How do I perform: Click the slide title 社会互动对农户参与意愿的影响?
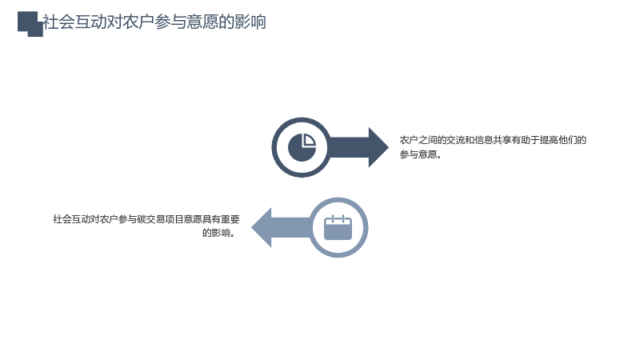pyautogui.click(x=154, y=22)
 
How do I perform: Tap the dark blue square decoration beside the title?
pyautogui.click(x=30, y=24)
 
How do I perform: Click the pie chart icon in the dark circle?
pyautogui.click(x=302, y=147)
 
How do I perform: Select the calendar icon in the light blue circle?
pyautogui.click(x=338, y=227)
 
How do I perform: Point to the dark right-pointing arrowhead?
pyautogui.click(x=378, y=147)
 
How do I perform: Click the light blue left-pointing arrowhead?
pyautogui.click(x=262, y=227)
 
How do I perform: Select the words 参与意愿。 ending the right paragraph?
pyautogui.click(x=421, y=154)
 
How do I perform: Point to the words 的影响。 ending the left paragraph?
pyautogui.click(x=219, y=233)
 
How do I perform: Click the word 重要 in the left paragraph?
pyautogui.click(x=230, y=219)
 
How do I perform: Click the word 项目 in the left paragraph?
pyautogui.click(x=174, y=219)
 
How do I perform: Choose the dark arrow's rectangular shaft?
pyautogui.click(x=348, y=147)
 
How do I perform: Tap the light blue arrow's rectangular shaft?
pyautogui.click(x=291, y=227)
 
